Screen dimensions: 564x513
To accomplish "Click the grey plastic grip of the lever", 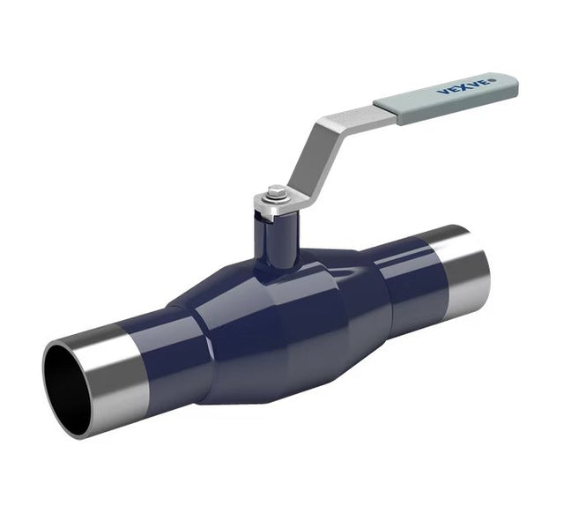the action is click(446, 99).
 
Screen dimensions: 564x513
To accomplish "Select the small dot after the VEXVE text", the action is click(493, 79).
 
